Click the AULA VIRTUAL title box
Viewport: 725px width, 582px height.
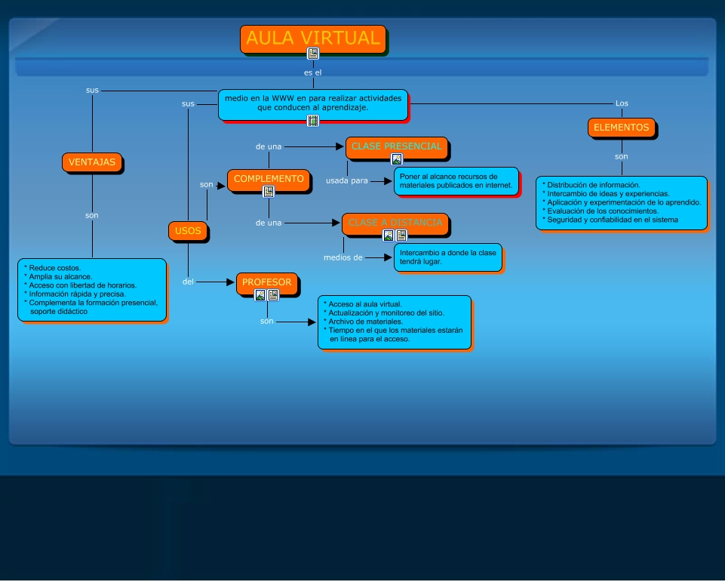[313, 38]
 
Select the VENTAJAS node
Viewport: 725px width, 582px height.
[92, 162]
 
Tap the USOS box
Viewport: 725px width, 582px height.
[188, 231]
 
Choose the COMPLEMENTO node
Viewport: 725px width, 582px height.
[269, 179]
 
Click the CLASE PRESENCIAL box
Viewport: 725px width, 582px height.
[397, 146]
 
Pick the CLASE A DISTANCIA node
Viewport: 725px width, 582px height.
[395, 223]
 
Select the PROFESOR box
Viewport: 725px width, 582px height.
[266, 282]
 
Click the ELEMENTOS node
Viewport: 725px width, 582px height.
[621, 128]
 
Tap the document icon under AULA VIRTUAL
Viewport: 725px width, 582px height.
[313, 54]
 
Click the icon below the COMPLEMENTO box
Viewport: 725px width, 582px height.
[269, 192]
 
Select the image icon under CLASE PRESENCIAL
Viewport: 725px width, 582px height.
[397, 159]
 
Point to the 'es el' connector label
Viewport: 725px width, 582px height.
[313, 73]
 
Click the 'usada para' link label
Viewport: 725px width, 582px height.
[347, 180]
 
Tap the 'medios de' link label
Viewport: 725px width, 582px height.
[343, 257]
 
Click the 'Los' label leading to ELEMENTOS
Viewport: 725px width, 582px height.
[622, 103]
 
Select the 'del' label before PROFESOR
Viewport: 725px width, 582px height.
[189, 282]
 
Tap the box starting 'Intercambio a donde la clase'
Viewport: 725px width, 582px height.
[447, 257]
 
